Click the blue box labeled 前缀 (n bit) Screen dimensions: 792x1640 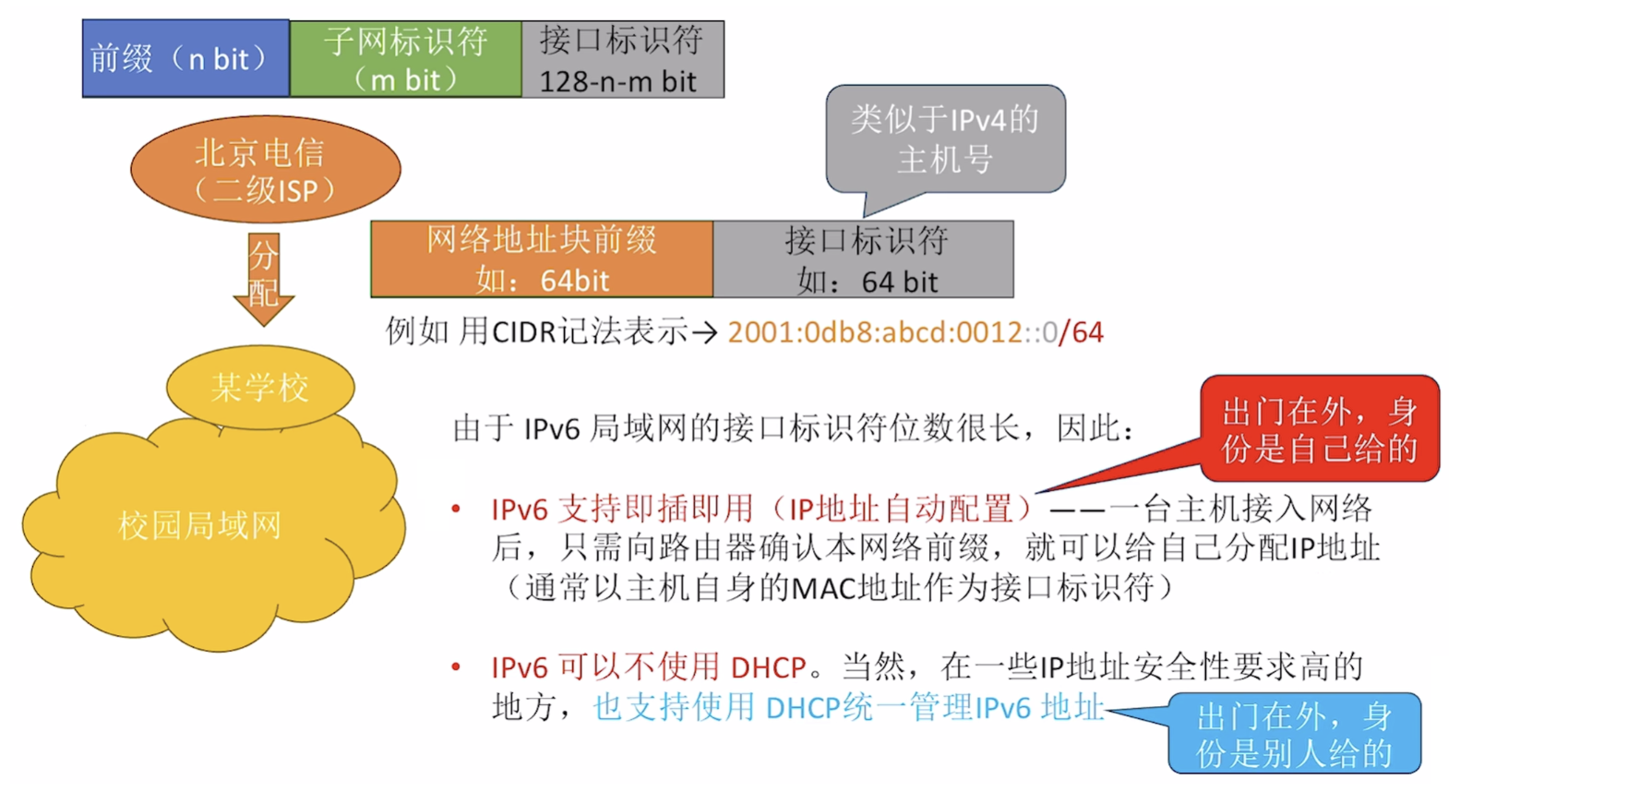[186, 59]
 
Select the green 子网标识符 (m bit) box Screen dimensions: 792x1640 [405, 59]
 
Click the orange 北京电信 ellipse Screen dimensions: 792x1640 [265, 170]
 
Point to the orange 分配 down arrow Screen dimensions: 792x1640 [264, 277]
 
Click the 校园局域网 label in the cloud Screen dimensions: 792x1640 [199, 526]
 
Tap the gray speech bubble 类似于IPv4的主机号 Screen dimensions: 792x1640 [945, 139]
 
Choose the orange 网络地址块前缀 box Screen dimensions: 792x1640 [542, 259]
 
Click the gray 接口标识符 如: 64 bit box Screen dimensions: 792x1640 [864, 259]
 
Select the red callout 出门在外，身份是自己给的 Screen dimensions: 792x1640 [1319, 429]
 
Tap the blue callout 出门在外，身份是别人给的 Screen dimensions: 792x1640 [1294, 734]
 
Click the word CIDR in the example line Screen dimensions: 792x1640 [524, 332]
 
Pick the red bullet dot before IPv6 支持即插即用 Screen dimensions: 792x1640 [456, 509]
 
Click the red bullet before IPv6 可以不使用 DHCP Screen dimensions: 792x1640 [456, 666]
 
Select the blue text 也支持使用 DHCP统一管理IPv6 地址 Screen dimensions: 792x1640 [848, 707]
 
